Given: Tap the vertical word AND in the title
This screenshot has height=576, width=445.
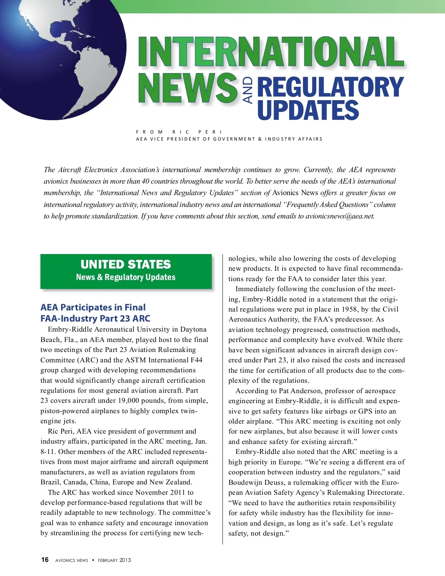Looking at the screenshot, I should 248,90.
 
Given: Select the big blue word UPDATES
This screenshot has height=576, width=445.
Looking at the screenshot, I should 308,110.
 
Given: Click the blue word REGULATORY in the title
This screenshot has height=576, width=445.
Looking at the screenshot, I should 330,87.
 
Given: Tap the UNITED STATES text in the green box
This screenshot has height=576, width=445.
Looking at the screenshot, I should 126,264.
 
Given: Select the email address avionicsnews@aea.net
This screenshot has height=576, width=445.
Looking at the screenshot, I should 340,216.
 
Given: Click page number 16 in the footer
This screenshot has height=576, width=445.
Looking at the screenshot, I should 45,560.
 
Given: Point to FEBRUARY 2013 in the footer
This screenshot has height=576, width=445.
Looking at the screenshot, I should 114,560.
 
